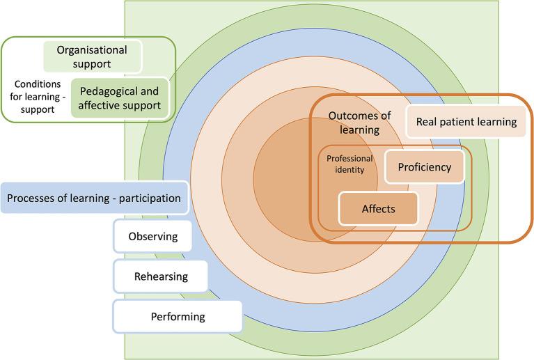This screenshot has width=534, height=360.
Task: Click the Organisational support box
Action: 93,56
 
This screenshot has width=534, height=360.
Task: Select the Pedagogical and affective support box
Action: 119,98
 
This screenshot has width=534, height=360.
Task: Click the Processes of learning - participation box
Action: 94,198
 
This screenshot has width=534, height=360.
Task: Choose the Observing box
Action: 153,236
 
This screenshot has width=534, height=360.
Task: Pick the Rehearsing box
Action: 161,276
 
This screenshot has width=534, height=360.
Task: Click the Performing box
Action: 178,317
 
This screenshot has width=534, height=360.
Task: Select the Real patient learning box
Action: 466,122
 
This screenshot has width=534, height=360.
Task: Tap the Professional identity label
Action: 350,164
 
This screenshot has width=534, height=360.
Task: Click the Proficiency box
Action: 424,167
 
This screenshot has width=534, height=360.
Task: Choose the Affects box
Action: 378,208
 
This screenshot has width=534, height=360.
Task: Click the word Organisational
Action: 93,49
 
